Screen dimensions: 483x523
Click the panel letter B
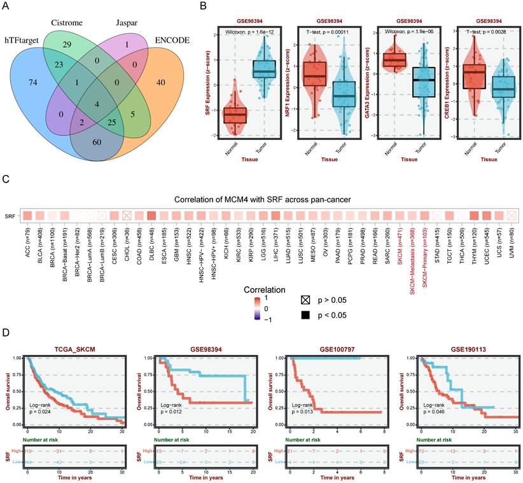coord(203,6)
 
